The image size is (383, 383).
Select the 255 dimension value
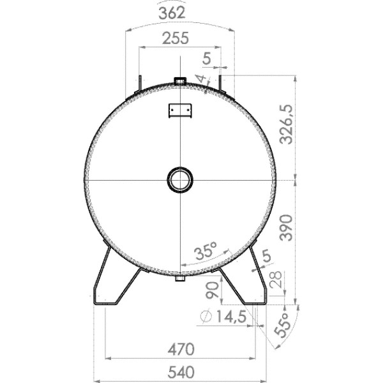click(x=176, y=38)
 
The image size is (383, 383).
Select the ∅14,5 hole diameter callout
click(x=225, y=317)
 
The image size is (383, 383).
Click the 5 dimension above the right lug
click(x=206, y=58)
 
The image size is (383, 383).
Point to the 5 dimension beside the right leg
click(x=266, y=256)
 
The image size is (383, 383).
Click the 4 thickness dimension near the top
click(x=202, y=79)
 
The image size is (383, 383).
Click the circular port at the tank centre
click(x=180, y=179)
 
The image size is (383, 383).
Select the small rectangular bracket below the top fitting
click(x=180, y=110)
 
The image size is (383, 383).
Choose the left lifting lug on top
click(x=138, y=85)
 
